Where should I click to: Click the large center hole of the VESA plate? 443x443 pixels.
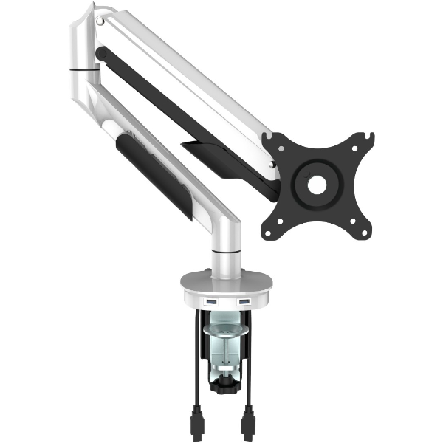click(x=316, y=185)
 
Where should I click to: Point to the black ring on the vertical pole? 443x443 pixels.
click(x=225, y=253)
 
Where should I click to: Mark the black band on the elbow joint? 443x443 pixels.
click(x=85, y=70)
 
